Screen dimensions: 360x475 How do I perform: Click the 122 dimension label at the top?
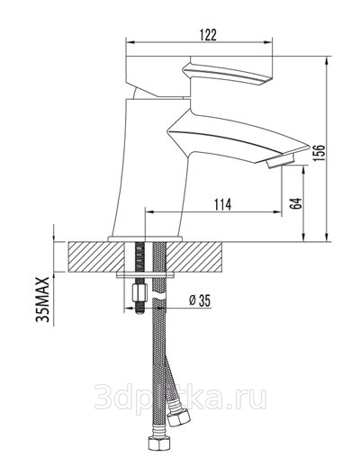[x=208, y=34]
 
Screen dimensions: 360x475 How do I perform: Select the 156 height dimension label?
[x=319, y=153]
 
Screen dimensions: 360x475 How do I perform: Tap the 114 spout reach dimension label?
[x=222, y=204]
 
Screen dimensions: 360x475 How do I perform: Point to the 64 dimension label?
[x=296, y=203]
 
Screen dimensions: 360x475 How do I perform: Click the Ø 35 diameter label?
[x=199, y=300]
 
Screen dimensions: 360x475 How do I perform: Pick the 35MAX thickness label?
[x=42, y=299]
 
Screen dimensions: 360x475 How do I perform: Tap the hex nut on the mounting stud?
[x=139, y=292]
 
